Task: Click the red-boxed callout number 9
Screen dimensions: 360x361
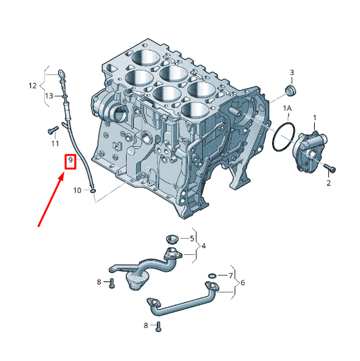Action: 70,160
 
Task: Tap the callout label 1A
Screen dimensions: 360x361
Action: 287,108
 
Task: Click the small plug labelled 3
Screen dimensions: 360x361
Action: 290,91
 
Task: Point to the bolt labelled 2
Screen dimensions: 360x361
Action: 330,168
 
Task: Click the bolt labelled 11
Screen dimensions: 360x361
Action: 53,130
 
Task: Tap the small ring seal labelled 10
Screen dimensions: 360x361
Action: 93,191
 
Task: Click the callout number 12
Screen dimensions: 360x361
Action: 32,86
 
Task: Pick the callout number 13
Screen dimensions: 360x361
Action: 49,96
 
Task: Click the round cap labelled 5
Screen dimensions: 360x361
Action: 172,239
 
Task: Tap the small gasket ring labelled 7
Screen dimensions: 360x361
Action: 212,276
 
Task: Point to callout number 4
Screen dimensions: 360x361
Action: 203,246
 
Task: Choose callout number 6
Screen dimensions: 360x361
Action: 242,283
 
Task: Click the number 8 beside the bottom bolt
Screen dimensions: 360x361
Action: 146,326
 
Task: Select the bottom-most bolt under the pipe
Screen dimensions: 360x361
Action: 158,327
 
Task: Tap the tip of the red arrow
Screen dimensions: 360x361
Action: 63,174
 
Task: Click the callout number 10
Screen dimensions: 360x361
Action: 77,191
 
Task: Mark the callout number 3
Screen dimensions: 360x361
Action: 292,72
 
